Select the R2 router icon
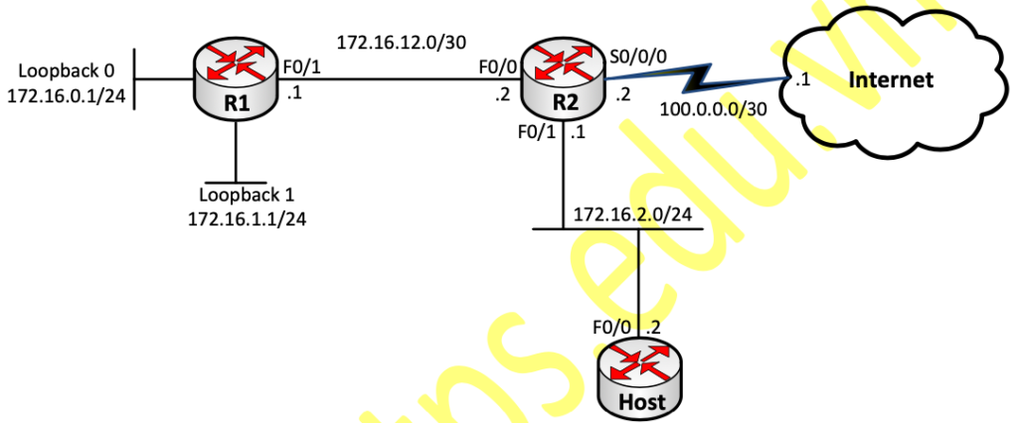coord(563,75)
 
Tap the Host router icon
coord(640,377)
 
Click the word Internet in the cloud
coord(891,79)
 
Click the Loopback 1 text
coord(246,196)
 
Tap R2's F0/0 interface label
coord(493,69)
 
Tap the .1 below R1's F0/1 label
coord(294,96)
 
